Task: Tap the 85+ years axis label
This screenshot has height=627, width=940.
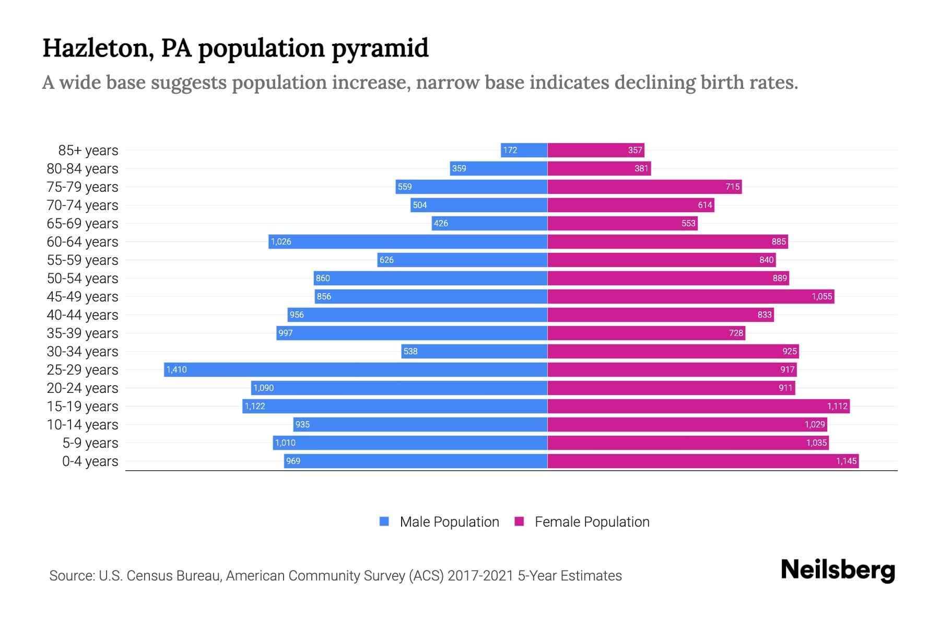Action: pyautogui.click(x=88, y=150)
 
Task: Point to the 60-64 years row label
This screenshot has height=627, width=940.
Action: pyautogui.click(x=83, y=242)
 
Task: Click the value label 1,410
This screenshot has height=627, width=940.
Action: pyautogui.click(x=177, y=369)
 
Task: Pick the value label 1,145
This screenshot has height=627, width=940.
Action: pyautogui.click(x=846, y=461)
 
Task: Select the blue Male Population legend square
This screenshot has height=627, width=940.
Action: pyautogui.click(x=384, y=521)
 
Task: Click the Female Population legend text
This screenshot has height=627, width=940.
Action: pyautogui.click(x=592, y=521)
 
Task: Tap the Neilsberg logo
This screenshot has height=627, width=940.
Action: pyautogui.click(x=838, y=570)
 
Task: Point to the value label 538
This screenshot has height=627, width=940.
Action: pyautogui.click(x=410, y=351)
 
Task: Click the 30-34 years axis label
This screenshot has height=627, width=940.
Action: pyautogui.click(x=83, y=352)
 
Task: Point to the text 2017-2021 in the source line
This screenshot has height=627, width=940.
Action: pyautogui.click(x=480, y=575)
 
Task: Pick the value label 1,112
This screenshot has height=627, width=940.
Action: pyautogui.click(x=837, y=406)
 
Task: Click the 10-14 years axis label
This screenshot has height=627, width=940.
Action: pyautogui.click(x=83, y=425)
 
